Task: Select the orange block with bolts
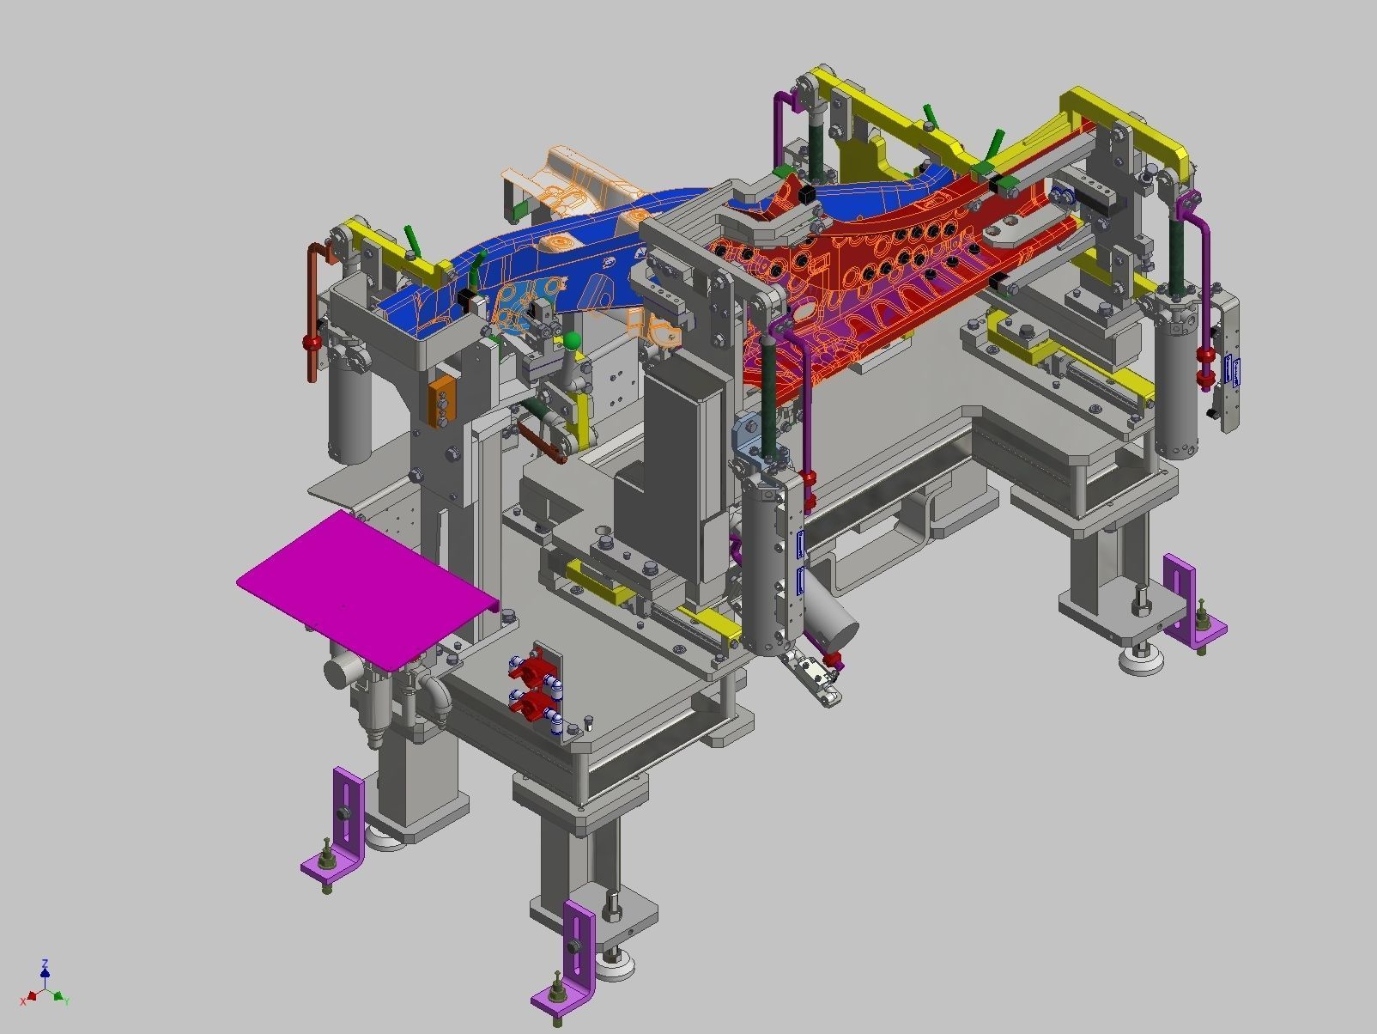pos(441,399)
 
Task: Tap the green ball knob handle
pos(571,342)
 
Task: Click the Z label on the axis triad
pos(45,964)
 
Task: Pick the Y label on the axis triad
pos(66,1001)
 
